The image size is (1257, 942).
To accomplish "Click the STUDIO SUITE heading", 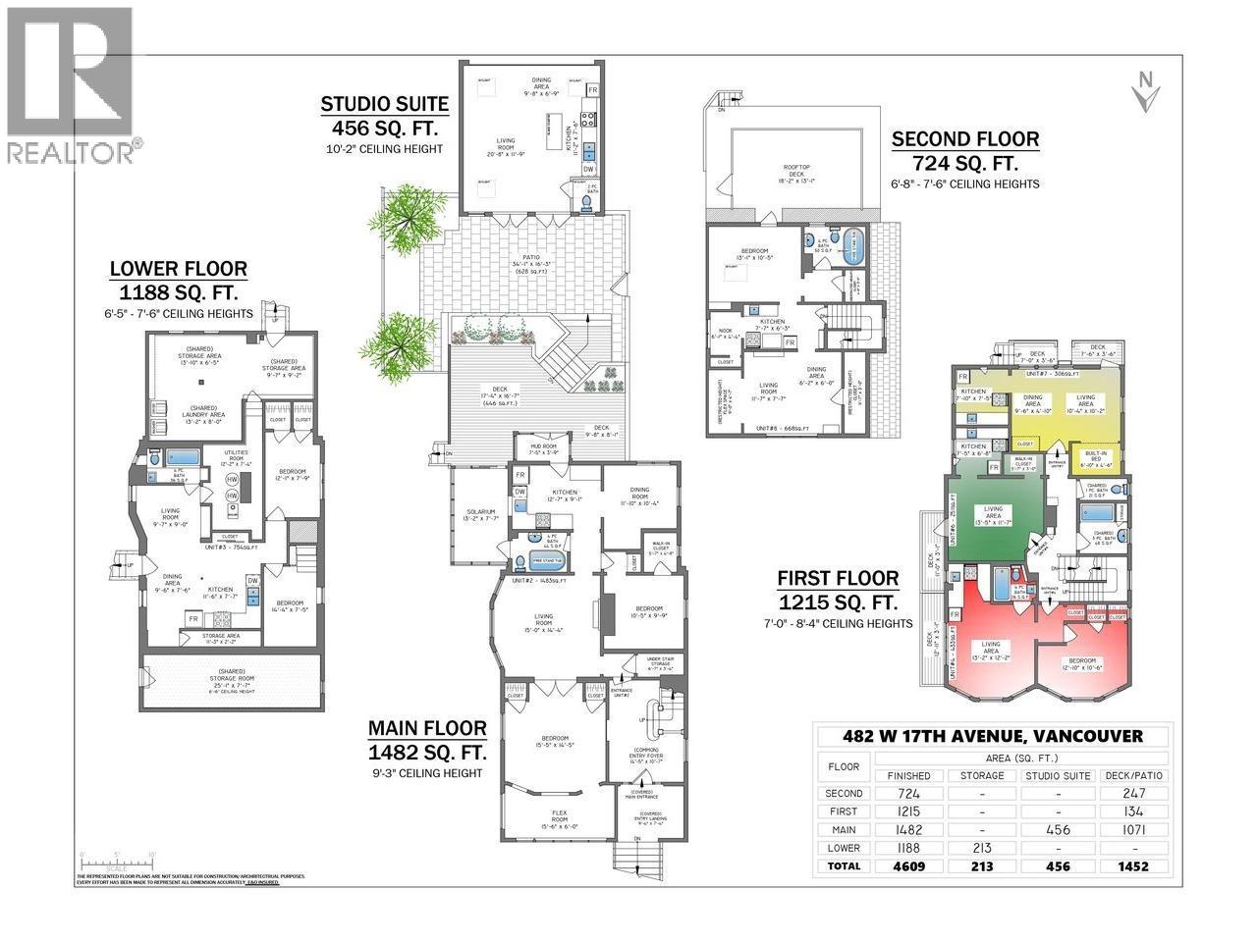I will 384,104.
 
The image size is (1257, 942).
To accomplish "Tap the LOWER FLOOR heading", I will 178,268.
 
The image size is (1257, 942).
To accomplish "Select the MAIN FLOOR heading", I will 427,728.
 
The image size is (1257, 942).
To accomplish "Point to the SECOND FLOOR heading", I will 964,139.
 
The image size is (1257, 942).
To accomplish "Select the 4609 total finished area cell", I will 908,865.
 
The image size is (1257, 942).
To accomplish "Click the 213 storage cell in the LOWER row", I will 982,848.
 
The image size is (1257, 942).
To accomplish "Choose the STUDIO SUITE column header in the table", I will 1059,775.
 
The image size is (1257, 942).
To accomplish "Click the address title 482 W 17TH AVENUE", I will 993,736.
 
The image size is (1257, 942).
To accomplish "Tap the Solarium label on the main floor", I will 480,514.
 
